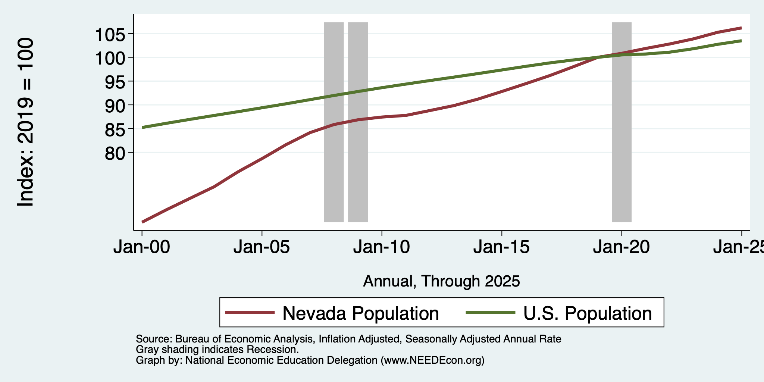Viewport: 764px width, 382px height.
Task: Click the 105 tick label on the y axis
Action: (x=111, y=35)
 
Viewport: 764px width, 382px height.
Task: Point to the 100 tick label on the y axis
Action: (x=111, y=59)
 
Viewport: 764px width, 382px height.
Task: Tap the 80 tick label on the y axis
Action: (x=116, y=153)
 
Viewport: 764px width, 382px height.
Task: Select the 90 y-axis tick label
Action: (x=116, y=106)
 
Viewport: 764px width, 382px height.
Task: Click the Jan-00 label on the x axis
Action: (x=142, y=247)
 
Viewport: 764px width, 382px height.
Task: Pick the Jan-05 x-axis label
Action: (x=262, y=247)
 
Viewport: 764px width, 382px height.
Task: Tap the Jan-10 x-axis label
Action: (x=382, y=247)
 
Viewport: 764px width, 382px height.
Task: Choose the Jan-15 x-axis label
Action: (x=501, y=247)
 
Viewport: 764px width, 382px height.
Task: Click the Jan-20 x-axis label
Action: (x=621, y=247)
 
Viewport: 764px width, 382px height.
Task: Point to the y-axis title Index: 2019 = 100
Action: (x=26, y=122)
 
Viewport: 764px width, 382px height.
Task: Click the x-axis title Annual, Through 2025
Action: (x=441, y=281)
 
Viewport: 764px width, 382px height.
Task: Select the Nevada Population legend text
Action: (x=361, y=313)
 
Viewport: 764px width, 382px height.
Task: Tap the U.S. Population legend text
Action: (x=588, y=313)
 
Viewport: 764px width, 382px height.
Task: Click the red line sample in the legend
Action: (x=250, y=313)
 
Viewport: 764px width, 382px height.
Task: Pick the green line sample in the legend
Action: (x=491, y=313)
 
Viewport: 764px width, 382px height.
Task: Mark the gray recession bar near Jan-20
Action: (x=621, y=122)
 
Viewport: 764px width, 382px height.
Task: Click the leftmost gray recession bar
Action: (x=334, y=122)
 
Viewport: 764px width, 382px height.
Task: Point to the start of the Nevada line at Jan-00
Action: (x=143, y=222)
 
